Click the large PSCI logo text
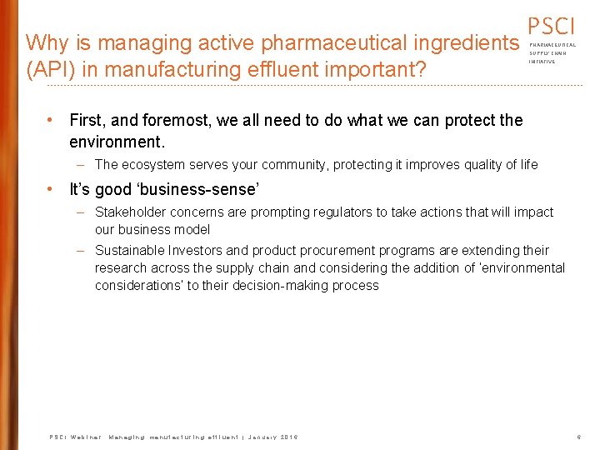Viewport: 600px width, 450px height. (x=551, y=27)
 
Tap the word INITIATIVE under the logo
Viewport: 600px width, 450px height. (x=542, y=62)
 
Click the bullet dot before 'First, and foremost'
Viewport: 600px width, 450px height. (x=51, y=120)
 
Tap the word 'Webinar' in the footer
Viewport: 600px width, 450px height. (x=85, y=437)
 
